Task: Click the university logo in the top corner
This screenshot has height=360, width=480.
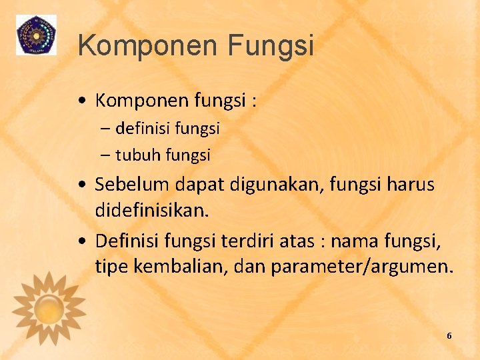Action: (36, 35)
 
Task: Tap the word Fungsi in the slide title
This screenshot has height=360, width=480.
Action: (270, 45)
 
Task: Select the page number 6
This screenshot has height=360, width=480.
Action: (449, 336)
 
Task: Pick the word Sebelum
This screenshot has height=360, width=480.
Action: (133, 185)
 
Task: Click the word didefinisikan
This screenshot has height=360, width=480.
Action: (152, 210)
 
